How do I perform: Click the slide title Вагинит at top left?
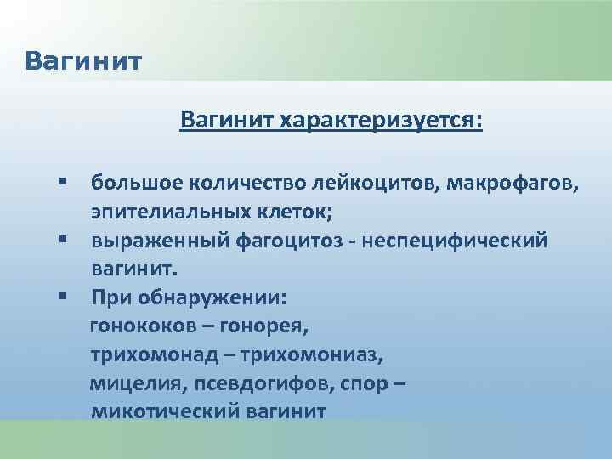point(82,62)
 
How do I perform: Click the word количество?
point(248,183)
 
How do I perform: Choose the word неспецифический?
point(455,241)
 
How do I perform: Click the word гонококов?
point(141,327)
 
